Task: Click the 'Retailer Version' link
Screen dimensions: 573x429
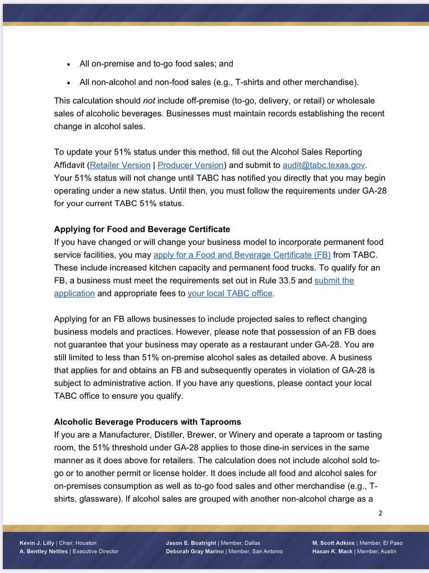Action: pyautogui.click(x=120, y=165)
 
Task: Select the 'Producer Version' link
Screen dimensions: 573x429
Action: pyautogui.click(x=190, y=165)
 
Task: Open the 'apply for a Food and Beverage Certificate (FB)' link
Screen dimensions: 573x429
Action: pyautogui.click(x=242, y=255)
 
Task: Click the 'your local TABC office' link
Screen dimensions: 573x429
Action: pyautogui.click(x=230, y=293)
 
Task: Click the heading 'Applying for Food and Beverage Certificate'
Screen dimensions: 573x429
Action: pyautogui.click(x=143, y=229)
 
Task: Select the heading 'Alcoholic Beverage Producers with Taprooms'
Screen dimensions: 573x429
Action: pyautogui.click(x=147, y=422)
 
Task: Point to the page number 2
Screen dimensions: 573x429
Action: pyautogui.click(x=380, y=513)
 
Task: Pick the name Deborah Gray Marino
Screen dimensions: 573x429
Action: pyautogui.click(x=196, y=552)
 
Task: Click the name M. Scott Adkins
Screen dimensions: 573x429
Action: pyautogui.click(x=333, y=543)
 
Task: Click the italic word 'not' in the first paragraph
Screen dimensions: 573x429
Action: pyautogui.click(x=149, y=101)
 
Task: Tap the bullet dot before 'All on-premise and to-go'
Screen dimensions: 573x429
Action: pyautogui.click(x=69, y=64)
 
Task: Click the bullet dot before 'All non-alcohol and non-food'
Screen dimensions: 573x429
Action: pyautogui.click(x=69, y=83)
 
